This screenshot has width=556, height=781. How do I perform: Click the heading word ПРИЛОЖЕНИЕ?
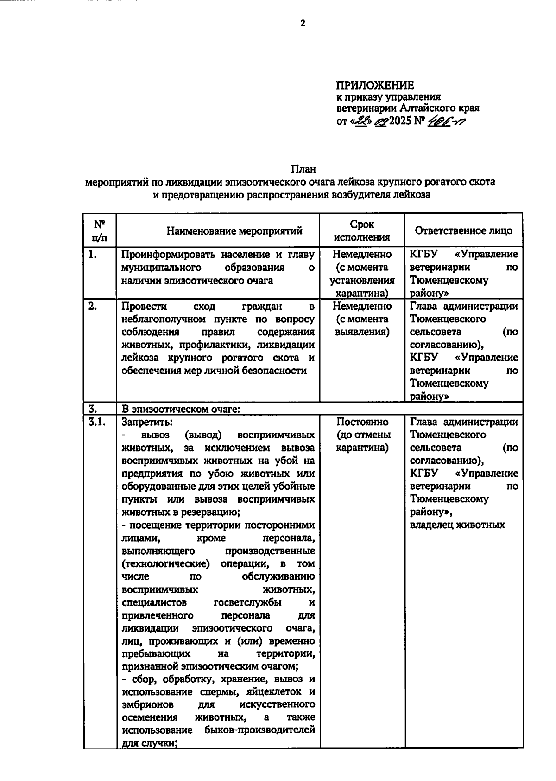pyautogui.click(x=374, y=85)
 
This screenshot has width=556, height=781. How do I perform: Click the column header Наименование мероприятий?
pyautogui.click(x=234, y=231)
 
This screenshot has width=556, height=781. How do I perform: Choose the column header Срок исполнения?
pyautogui.click(x=362, y=230)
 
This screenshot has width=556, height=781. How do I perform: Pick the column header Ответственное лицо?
pyautogui.click(x=463, y=231)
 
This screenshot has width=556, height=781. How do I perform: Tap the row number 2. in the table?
pyautogui.click(x=93, y=306)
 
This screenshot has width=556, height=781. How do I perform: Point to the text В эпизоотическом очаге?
pyautogui.click(x=181, y=409)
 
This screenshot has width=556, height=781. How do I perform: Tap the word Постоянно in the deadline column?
pyautogui.click(x=362, y=422)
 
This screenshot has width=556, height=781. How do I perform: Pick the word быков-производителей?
pyautogui.click(x=259, y=730)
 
